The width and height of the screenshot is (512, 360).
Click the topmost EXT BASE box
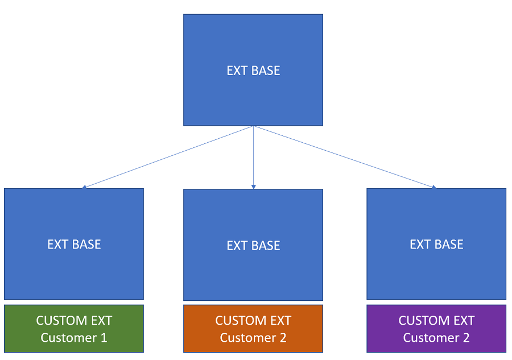tap(253, 70)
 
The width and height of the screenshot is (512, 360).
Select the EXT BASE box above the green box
tap(74, 244)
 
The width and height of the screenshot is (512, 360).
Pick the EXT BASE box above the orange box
tap(253, 245)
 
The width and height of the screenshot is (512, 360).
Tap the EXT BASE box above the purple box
tap(436, 244)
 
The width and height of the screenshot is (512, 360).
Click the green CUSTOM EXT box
tap(74, 329)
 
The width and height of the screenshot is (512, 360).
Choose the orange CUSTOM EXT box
tap(253, 329)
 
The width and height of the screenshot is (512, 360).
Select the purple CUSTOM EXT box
tap(436, 329)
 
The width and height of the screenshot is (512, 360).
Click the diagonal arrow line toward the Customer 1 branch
tap(168, 157)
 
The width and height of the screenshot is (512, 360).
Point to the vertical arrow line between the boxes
tap(253, 158)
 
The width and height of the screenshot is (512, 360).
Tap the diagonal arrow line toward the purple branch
tap(345, 157)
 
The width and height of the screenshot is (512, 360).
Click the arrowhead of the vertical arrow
tap(253, 187)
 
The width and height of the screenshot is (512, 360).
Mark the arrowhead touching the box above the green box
tap(84, 187)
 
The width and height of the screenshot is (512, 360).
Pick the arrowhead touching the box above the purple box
tap(434, 187)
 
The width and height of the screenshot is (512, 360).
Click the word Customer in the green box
tap(69, 338)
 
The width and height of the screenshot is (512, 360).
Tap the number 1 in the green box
tap(104, 338)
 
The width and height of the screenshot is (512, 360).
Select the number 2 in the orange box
tap(283, 338)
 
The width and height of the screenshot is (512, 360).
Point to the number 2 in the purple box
tap(466, 338)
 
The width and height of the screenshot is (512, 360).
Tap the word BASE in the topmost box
tap(266, 71)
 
